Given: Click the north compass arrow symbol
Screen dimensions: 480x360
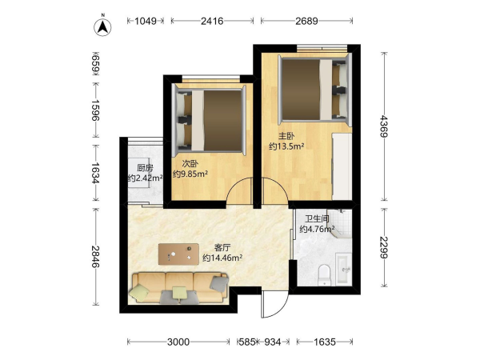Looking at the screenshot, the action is click(102, 27).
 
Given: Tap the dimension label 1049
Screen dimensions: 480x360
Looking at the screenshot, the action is click(146, 21).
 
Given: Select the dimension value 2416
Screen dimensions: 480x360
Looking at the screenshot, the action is click(212, 21).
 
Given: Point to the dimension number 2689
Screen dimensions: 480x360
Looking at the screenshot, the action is click(306, 21).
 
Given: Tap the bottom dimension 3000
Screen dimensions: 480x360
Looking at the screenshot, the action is click(178, 342).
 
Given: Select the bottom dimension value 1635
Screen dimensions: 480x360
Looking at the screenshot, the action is click(325, 342).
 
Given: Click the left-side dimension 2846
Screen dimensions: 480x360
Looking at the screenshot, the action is click(96, 257).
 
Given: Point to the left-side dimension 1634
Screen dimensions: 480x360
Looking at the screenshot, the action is click(96, 173).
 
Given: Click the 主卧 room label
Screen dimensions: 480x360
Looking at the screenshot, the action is click(286, 136).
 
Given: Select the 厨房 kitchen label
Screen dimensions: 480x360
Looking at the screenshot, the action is click(145, 168).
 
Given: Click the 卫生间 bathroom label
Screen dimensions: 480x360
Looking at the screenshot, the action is click(317, 219).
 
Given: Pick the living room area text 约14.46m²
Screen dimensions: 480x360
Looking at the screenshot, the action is click(222, 258).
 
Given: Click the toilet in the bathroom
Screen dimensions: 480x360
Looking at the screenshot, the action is click(324, 274).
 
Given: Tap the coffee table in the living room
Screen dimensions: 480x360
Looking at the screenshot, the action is click(178, 254).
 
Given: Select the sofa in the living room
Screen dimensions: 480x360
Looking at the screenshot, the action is click(180, 288).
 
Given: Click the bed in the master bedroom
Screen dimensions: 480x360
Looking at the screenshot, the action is click(314, 89).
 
